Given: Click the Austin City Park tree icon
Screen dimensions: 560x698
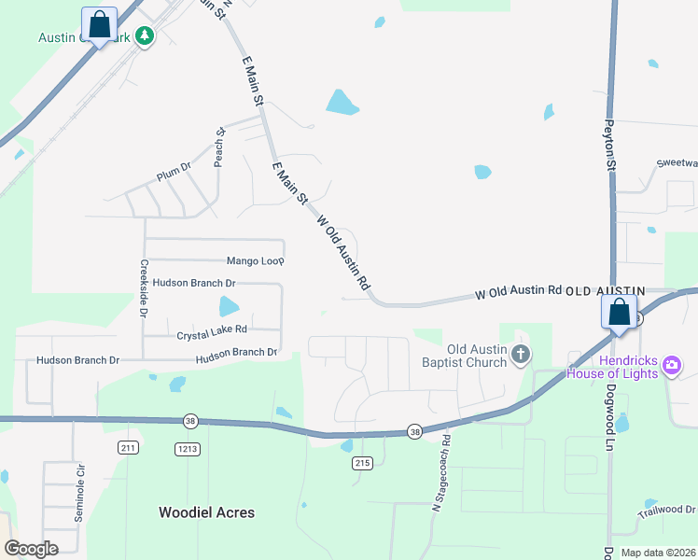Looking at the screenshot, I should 144,36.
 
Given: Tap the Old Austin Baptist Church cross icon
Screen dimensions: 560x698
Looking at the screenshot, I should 522,355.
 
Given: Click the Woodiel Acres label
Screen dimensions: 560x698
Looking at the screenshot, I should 206,512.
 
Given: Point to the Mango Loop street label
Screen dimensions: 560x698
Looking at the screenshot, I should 255,261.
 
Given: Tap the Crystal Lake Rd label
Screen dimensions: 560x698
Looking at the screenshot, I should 212,329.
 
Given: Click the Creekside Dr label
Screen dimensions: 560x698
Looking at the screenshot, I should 145,288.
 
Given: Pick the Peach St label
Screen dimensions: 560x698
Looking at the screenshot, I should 220,147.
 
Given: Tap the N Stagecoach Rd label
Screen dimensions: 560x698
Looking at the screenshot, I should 437,472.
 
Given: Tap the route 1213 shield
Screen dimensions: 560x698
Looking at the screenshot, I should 188,449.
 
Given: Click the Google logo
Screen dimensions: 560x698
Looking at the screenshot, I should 31,549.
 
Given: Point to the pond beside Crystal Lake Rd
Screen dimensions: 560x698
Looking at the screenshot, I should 229,306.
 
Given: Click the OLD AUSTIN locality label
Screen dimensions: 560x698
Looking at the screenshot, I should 606,291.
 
